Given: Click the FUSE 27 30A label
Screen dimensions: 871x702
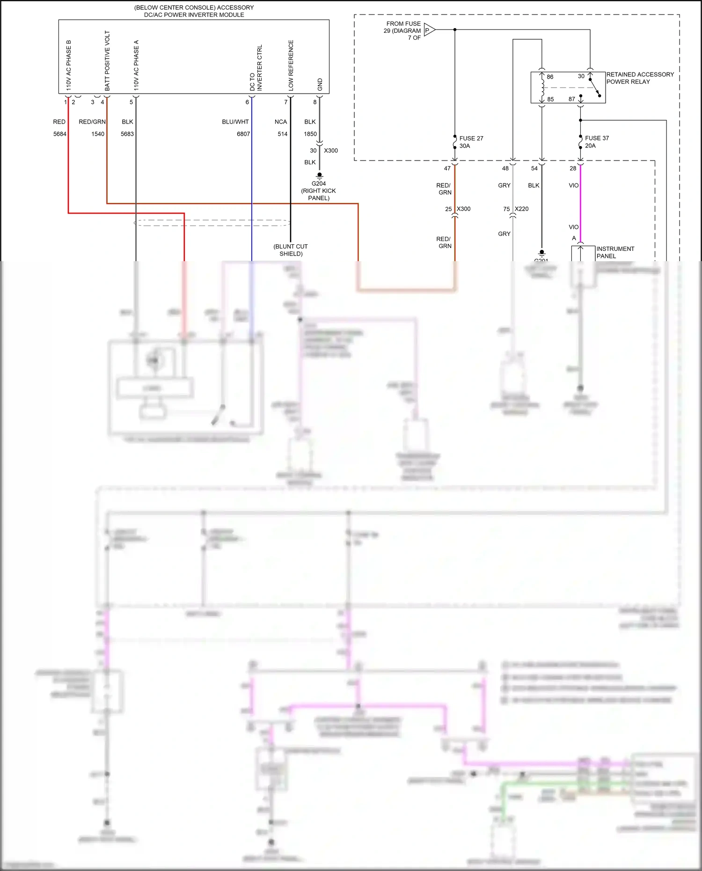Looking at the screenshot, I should click(471, 142).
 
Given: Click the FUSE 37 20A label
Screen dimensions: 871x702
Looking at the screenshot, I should click(596, 142).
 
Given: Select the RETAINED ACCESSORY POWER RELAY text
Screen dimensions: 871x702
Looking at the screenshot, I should click(640, 78).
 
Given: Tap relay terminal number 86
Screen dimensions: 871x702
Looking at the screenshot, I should click(550, 77).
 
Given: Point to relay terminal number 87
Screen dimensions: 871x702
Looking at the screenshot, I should click(572, 99).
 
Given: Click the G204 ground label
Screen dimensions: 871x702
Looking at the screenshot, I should click(319, 183).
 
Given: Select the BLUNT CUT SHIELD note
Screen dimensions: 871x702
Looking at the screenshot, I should click(291, 250).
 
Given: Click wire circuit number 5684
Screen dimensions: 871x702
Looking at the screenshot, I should click(60, 134).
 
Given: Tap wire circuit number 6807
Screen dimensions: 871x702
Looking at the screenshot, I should click(243, 134).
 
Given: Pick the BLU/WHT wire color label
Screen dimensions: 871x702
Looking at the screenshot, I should click(235, 122).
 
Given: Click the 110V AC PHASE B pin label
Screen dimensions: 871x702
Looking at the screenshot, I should click(69, 65).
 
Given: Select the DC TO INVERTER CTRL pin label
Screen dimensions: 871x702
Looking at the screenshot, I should click(256, 68).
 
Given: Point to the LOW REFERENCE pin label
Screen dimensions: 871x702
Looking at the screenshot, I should click(291, 65).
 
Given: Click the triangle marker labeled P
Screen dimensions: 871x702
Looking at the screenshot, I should click(429, 30).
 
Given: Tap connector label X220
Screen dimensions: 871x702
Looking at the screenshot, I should click(521, 209).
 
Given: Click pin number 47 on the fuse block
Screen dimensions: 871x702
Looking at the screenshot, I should click(447, 168).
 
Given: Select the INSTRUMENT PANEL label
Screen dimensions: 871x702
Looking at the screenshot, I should click(615, 252).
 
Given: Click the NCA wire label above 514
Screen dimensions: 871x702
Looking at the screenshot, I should click(281, 122).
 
